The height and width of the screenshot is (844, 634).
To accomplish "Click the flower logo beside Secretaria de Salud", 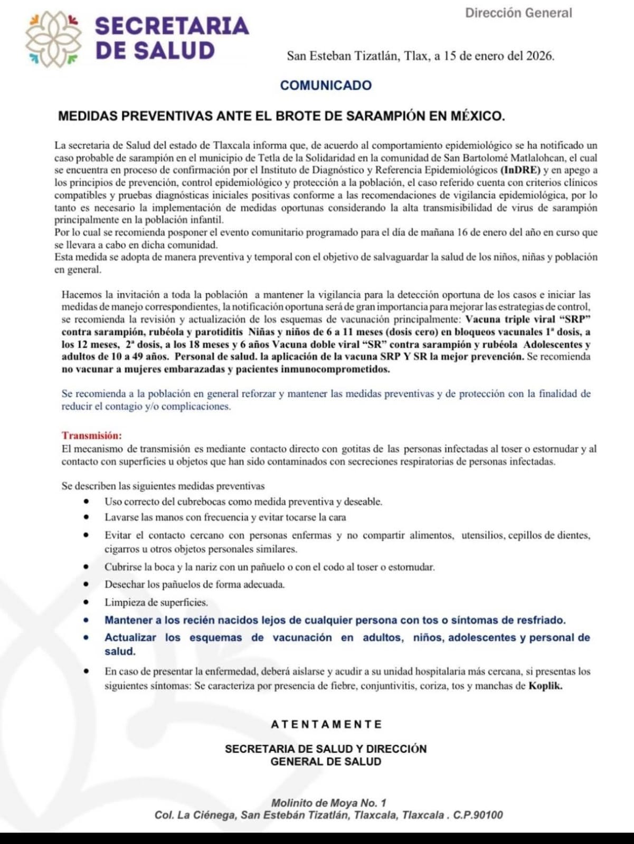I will point(53,40).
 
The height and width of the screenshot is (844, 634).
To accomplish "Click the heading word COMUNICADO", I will point(326,85).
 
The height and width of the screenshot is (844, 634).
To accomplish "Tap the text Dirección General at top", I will point(518,13).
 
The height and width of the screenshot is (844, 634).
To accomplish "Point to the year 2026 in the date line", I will point(539,56).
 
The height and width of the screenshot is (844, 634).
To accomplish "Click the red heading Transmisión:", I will point(91,436).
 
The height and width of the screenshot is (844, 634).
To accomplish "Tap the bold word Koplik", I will point(545,686).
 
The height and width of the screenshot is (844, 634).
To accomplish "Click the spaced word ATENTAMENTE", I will point(326,724).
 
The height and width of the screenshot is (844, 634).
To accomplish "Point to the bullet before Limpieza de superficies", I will point(87,602).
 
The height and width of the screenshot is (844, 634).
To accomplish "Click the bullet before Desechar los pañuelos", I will point(87,584).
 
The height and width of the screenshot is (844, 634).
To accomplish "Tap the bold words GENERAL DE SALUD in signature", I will point(326,762).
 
